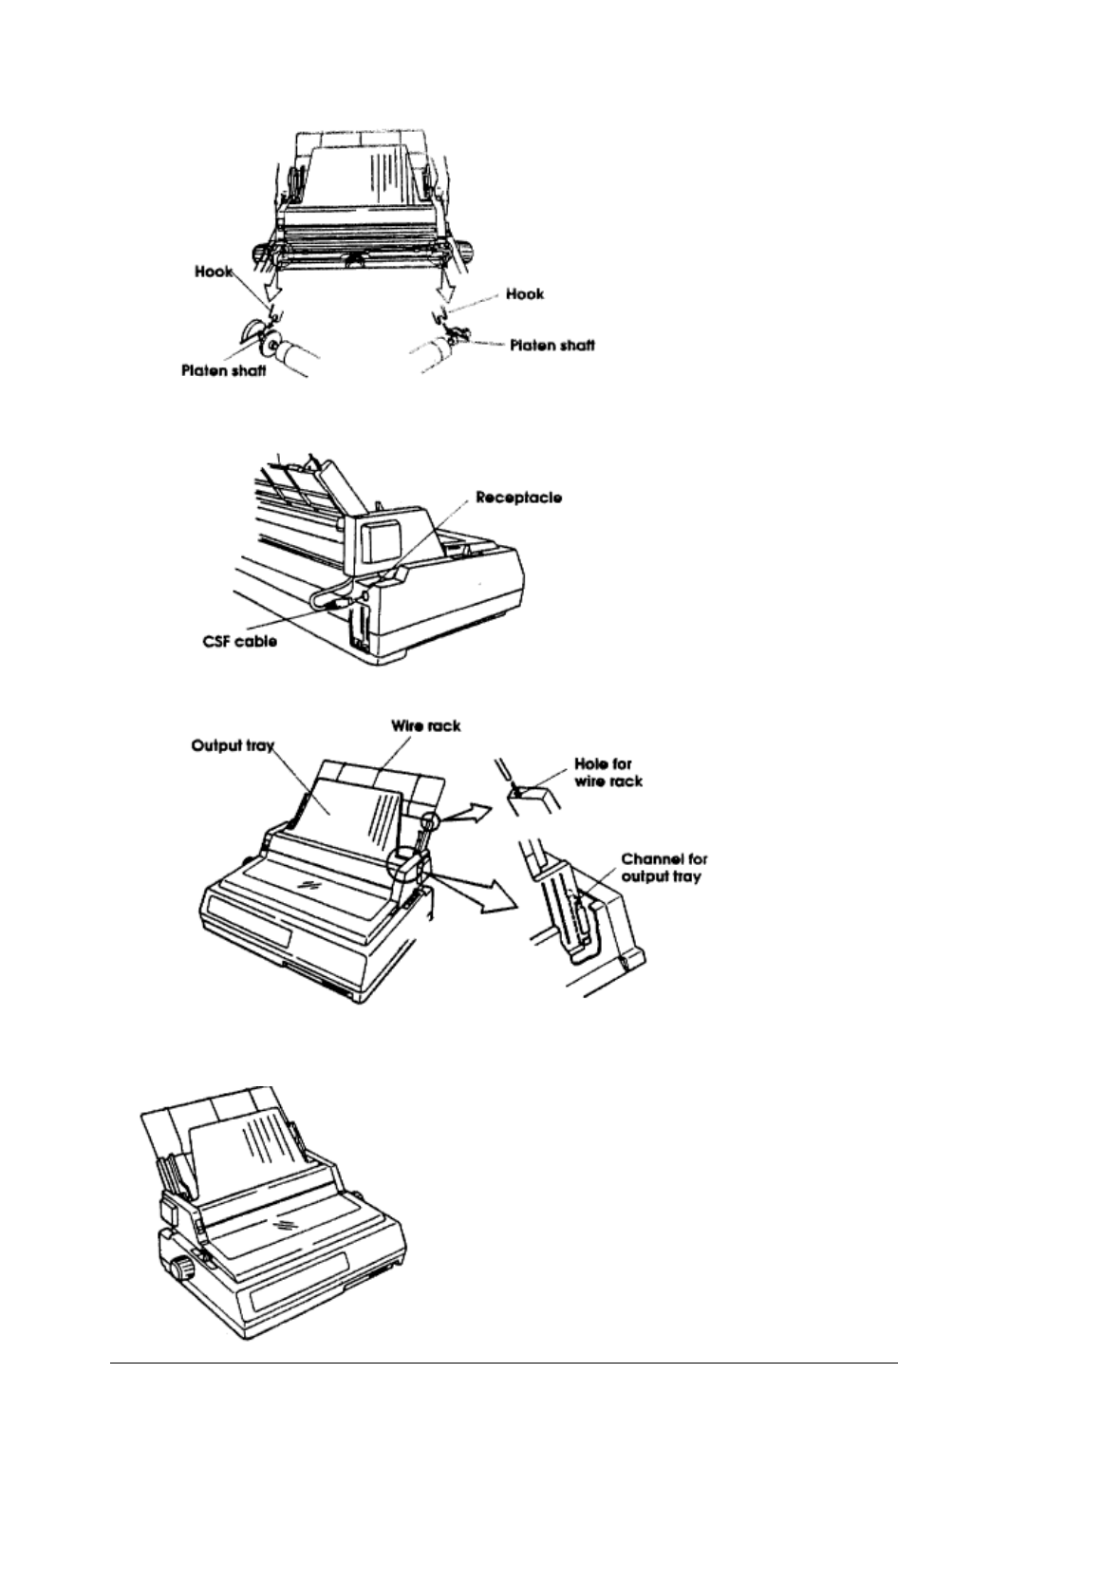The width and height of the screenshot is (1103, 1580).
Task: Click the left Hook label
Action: (216, 272)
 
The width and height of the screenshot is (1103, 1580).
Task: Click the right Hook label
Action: (525, 294)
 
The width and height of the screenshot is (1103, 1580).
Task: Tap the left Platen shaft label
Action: (224, 370)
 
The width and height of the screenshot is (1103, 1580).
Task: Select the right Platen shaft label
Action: (551, 346)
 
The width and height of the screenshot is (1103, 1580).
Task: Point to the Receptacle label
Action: (518, 497)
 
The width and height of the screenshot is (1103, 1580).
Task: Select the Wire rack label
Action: (426, 726)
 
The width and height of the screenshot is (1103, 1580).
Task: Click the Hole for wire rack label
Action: (609, 771)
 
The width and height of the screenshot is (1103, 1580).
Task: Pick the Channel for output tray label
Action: (664, 868)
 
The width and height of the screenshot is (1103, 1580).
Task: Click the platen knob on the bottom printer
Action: (180, 1266)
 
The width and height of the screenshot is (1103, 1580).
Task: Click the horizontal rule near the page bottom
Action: (503, 1364)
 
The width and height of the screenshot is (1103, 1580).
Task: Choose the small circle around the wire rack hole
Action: (432, 820)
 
